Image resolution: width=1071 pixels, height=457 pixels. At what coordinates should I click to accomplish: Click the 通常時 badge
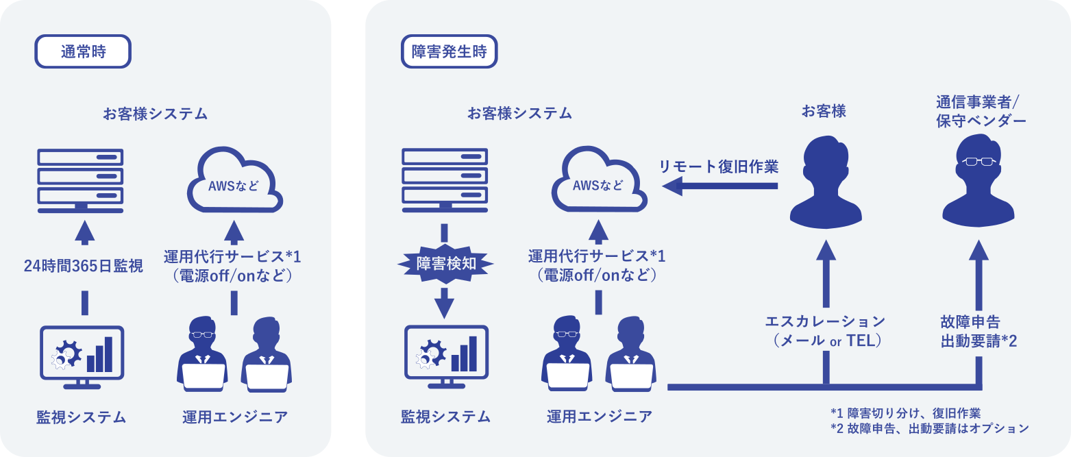(x=83, y=51)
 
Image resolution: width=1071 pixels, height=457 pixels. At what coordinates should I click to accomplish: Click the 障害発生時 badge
(x=449, y=51)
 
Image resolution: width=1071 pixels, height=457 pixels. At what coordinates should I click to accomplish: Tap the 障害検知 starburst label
(x=445, y=263)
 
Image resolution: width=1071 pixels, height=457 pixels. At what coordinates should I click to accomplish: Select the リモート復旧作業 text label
(x=719, y=166)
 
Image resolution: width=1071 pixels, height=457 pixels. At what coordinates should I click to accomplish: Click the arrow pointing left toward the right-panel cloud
(x=720, y=186)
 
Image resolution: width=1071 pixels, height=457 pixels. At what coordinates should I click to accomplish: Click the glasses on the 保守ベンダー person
(x=978, y=162)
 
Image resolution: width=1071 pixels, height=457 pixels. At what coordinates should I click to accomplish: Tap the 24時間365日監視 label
(x=83, y=266)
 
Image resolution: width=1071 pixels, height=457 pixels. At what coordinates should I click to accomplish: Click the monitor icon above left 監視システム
(x=82, y=357)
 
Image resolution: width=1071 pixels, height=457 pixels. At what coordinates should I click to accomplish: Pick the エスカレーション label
(x=825, y=321)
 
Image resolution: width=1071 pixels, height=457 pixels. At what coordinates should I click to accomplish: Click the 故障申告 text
(x=970, y=322)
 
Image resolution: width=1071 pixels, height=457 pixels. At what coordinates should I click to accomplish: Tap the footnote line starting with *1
(x=906, y=413)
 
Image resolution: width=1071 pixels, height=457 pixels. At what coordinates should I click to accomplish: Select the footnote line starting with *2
(x=929, y=428)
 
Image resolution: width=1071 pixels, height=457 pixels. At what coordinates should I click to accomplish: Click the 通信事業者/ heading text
(x=978, y=102)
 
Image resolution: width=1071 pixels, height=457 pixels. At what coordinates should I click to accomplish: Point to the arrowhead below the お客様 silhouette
(x=826, y=250)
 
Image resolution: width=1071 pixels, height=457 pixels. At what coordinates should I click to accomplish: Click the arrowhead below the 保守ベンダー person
(x=978, y=250)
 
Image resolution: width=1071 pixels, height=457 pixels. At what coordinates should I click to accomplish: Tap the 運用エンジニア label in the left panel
(x=235, y=417)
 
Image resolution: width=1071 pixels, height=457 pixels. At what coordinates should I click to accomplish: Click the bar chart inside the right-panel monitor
(x=464, y=354)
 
